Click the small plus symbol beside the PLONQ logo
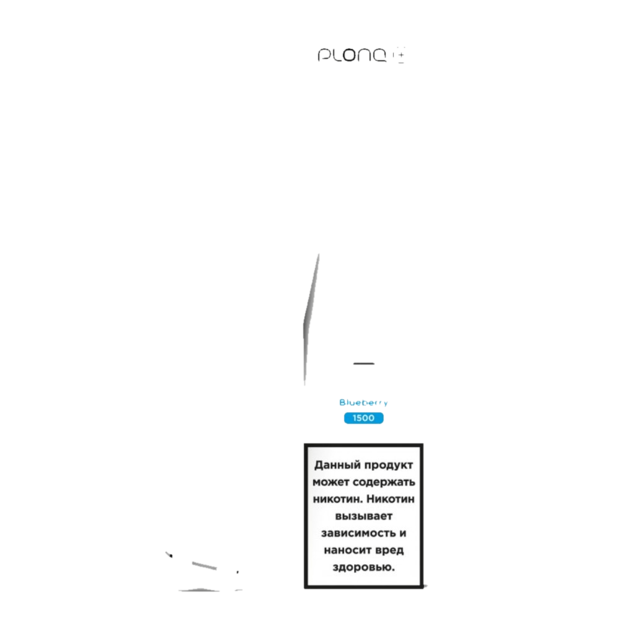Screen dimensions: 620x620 click(x=401, y=56)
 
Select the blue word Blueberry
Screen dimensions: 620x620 click(x=363, y=402)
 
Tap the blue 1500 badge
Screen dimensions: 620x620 click(x=363, y=418)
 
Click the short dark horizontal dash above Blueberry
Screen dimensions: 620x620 click(x=364, y=363)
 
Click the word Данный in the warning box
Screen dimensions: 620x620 click(x=336, y=466)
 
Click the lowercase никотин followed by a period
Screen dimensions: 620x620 click(x=338, y=499)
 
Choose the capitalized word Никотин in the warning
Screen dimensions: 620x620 click(x=390, y=499)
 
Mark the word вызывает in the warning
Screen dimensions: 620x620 click(x=364, y=516)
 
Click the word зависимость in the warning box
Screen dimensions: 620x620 click(x=358, y=533)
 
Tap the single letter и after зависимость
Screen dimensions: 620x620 click(x=403, y=533)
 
